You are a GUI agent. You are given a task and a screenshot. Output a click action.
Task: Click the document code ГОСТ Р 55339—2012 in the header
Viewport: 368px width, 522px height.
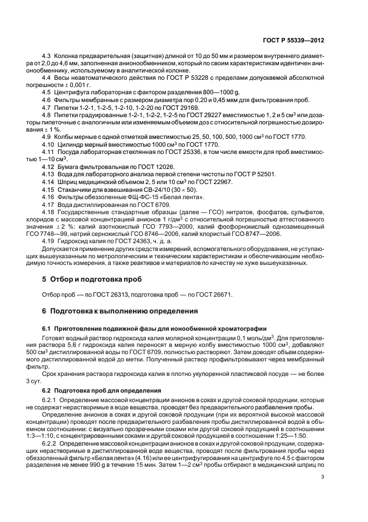tap(293, 40)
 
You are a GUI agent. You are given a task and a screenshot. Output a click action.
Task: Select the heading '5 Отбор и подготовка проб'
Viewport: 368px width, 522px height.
tap(92, 278)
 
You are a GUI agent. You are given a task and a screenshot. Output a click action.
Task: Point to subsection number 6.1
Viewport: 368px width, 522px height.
tap(47, 327)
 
